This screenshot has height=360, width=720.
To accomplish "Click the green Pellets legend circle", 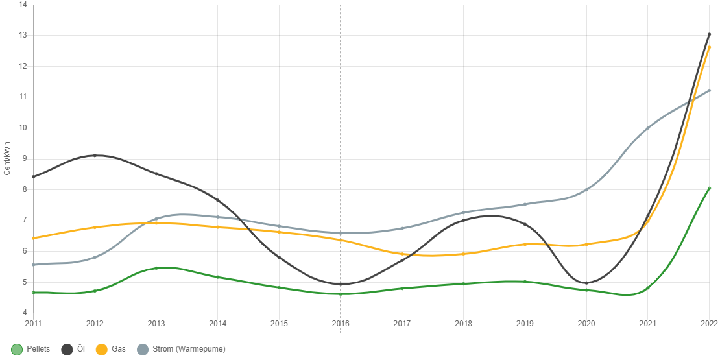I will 18,350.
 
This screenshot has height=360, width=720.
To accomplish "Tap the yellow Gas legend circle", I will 102,350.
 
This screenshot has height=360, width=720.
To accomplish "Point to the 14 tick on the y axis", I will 23,4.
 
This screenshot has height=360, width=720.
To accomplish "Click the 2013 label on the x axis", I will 156,322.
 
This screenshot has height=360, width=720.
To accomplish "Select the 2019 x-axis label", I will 525,322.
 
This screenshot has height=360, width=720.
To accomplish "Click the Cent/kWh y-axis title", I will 7,158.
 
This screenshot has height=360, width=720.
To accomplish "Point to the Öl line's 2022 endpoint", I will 709,34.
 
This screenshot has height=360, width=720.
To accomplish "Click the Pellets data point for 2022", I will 709,188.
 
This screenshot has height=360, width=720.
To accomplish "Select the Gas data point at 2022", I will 709,47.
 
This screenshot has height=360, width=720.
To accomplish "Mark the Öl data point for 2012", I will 95,156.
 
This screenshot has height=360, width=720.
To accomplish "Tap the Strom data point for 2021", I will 647,128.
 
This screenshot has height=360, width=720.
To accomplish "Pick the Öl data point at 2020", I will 586,283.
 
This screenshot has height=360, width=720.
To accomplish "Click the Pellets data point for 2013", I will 156,268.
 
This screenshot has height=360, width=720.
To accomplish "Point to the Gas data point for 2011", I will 33,238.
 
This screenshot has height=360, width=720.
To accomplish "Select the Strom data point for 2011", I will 33,265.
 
